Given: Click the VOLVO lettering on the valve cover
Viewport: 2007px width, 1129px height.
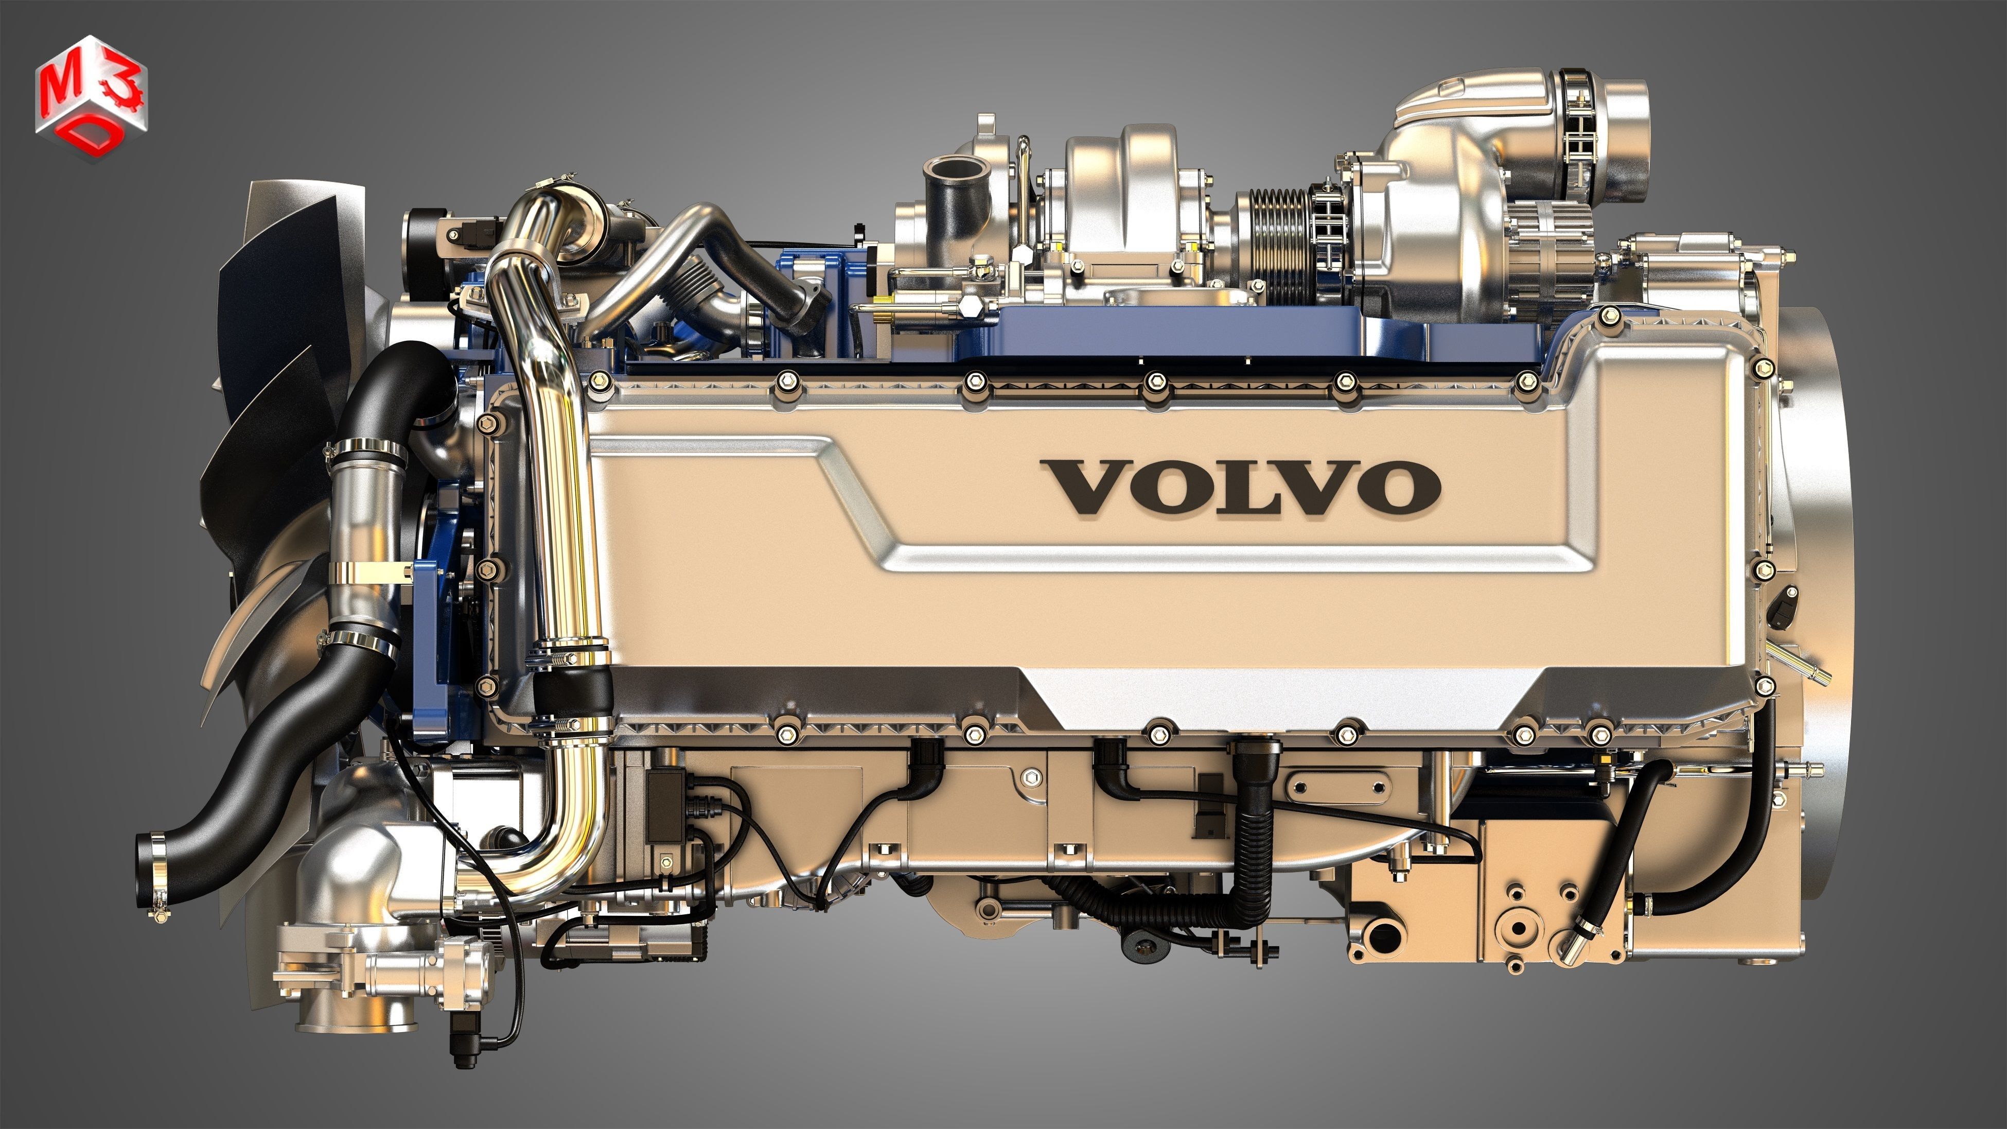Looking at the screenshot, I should pyautogui.click(x=1240, y=486).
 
